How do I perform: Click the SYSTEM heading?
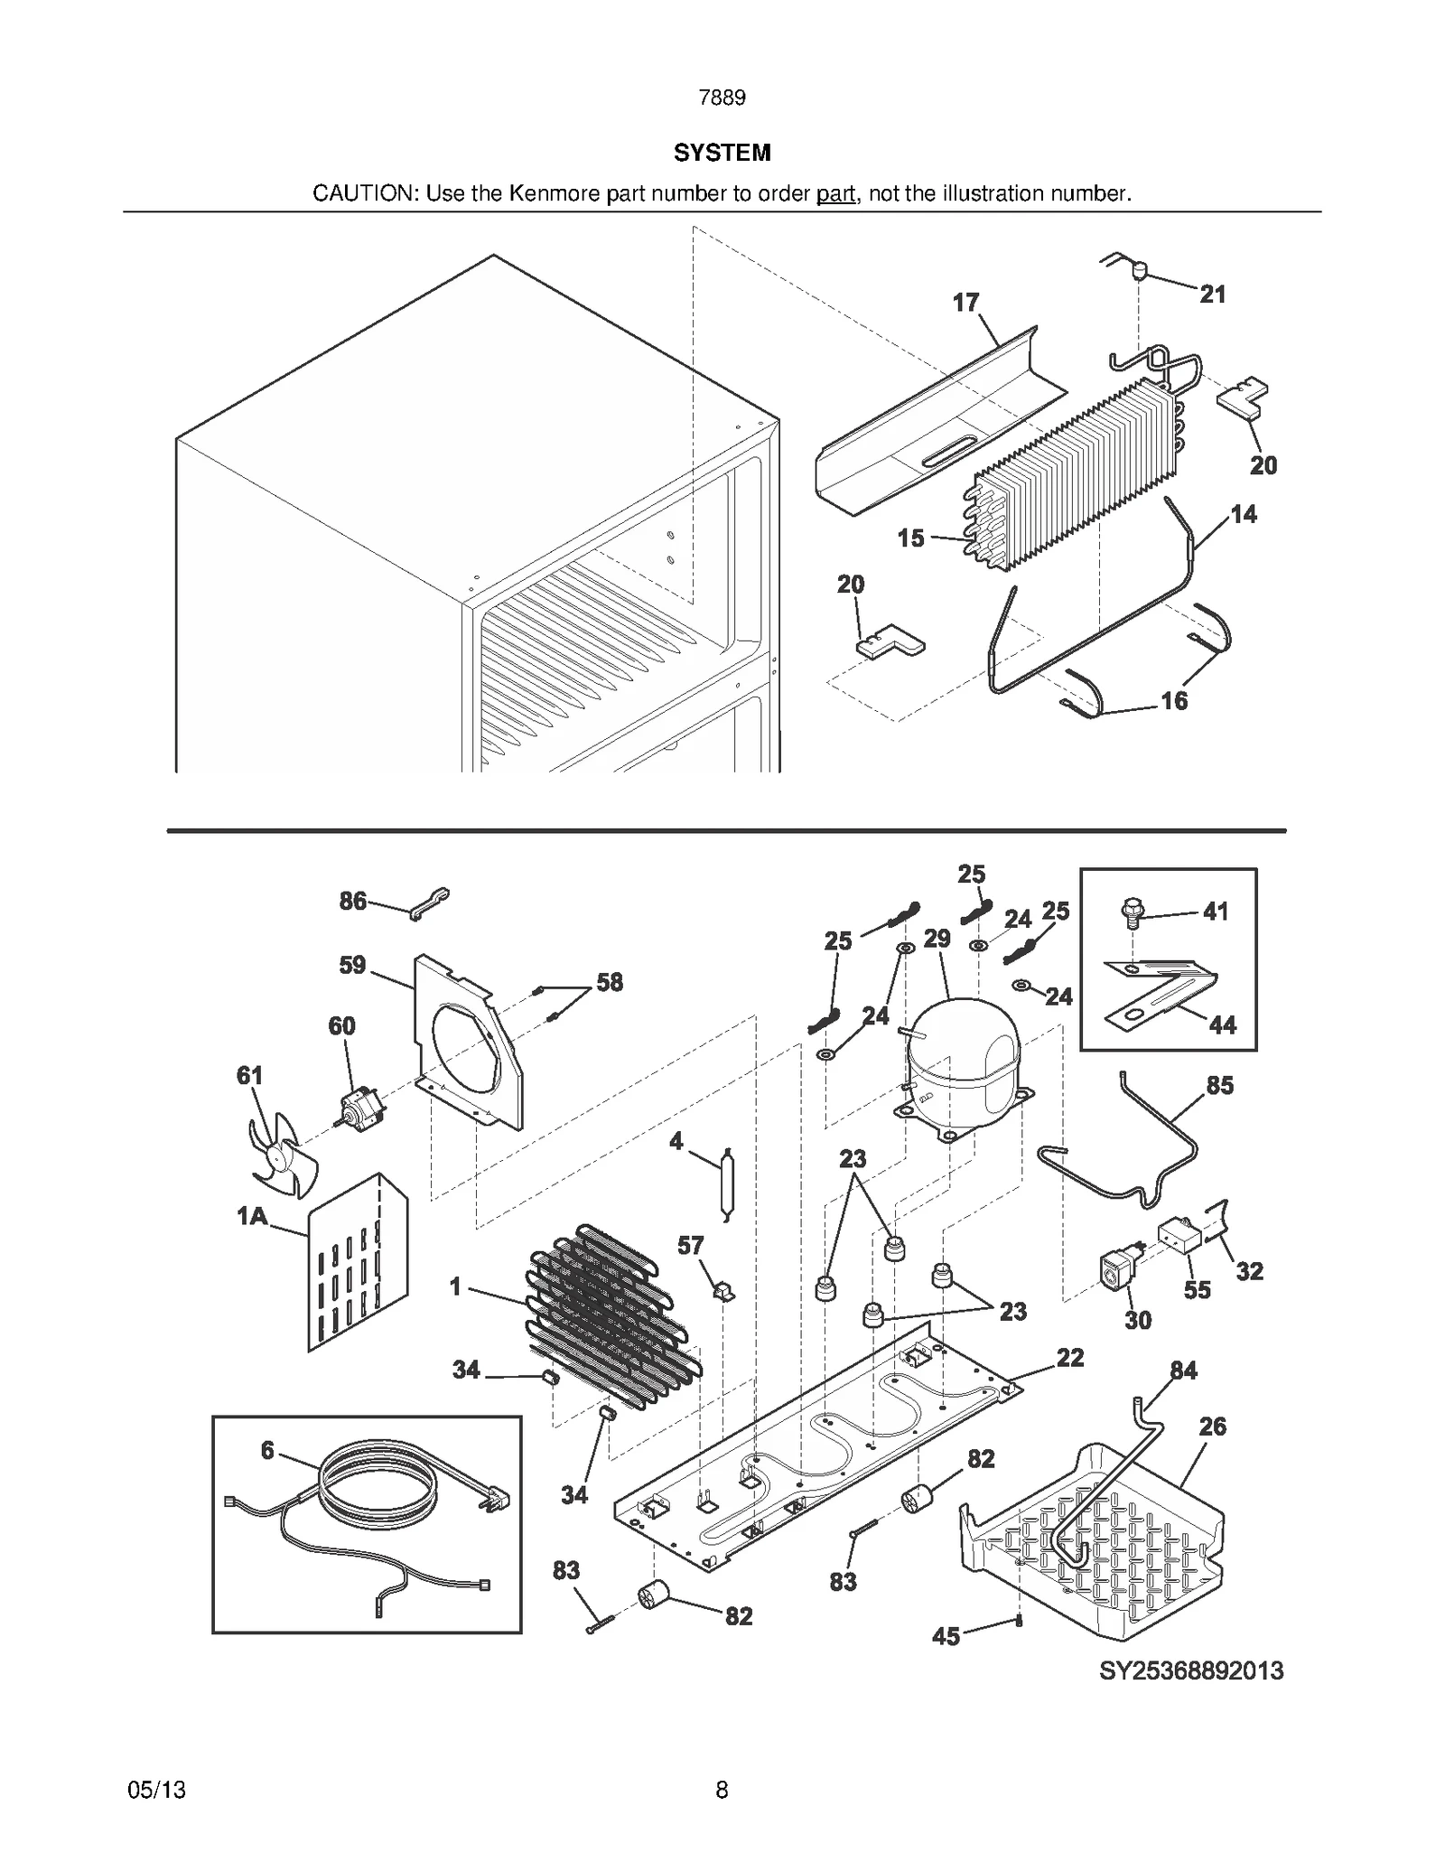tap(722, 153)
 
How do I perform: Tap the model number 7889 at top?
tap(722, 98)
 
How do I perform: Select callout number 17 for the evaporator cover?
tap(965, 302)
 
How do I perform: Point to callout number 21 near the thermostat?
tap(1212, 294)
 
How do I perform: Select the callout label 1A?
tap(253, 1216)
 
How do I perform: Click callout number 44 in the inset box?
tap(1222, 1024)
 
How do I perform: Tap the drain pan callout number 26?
tap(1212, 1426)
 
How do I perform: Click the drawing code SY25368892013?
tap(1190, 1670)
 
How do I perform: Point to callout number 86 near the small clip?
tap(353, 900)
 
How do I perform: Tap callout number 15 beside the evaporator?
tap(910, 538)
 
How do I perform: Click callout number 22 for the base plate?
tap(1069, 1357)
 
